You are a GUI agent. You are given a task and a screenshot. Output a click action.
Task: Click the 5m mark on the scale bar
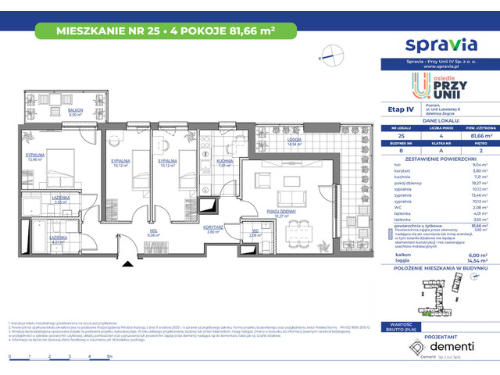(109, 356)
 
